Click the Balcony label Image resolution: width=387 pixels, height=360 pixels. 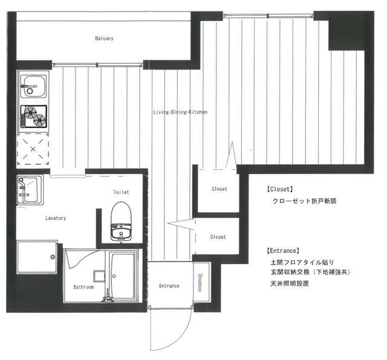coord(104,39)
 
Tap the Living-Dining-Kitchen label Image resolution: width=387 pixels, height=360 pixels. coord(180,112)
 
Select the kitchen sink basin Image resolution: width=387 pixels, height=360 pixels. coord(33,86)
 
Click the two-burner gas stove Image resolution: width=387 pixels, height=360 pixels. coord(34,117)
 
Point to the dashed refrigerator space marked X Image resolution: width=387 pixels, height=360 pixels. coord(33,149)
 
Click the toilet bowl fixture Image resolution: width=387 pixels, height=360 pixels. coord(121,221)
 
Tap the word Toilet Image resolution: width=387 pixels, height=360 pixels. coord(121,192)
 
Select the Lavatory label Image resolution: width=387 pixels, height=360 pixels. coord(56,218)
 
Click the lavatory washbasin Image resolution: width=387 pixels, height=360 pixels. coord(30,190)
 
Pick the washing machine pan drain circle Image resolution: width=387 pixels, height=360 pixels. coord(53,257)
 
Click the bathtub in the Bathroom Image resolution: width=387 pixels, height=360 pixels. coord(123,276)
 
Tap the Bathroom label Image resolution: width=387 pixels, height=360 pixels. coord(83,287)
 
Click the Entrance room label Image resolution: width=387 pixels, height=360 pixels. coord(169,286)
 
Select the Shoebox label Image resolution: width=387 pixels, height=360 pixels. coord(200,283)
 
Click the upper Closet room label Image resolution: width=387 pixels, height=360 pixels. coord(219,189)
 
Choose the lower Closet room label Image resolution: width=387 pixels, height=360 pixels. coord(218,237)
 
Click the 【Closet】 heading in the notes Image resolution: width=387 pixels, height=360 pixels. coord(279,189)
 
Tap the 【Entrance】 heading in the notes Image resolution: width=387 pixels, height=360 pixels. coord(283,251)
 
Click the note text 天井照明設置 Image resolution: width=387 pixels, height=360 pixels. coord(290,283)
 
